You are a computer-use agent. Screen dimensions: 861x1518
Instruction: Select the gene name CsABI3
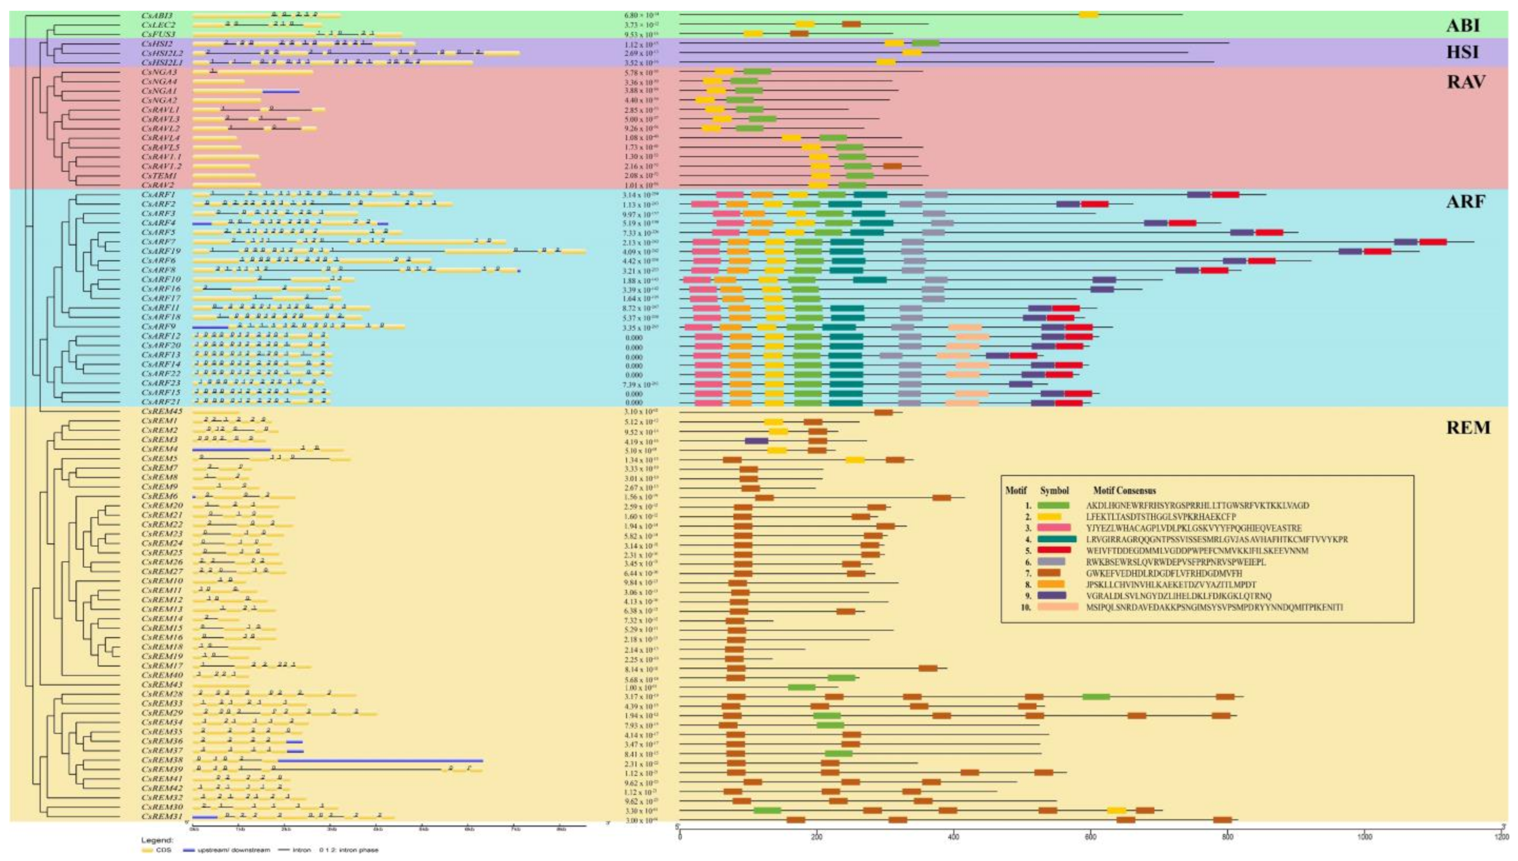click(157, 16)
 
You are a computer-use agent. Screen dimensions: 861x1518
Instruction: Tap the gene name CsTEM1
click(157, 176)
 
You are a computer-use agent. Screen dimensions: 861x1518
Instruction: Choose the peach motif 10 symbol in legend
click(1059, 607)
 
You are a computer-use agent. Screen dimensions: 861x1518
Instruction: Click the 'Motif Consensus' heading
click(1124, 490)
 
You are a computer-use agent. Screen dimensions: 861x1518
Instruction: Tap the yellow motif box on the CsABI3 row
click(1089, 15)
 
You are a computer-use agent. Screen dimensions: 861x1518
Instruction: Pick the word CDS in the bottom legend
click(167, 850)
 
